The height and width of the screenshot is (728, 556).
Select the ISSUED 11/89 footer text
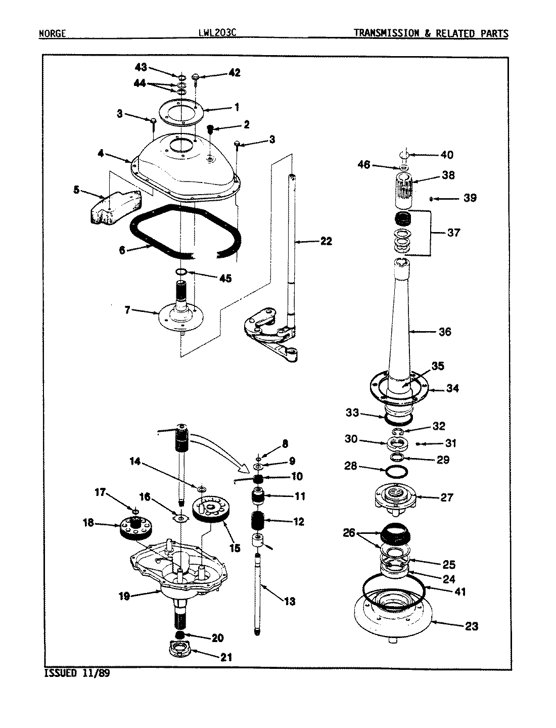pyautogui.click(x=76, y=673)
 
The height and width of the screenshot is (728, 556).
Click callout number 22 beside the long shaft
pyautogui.click(x=326, y=241)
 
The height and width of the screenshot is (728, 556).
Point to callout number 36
pyautogui.click(x=445, y=332)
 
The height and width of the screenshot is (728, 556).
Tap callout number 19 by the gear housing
pyautogui.click(x=124, y=596)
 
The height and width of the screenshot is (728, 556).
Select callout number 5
pyautogui.click(x=76, y=190)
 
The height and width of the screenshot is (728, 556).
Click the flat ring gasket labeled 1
pyautogui.click(x=180, y=112)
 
